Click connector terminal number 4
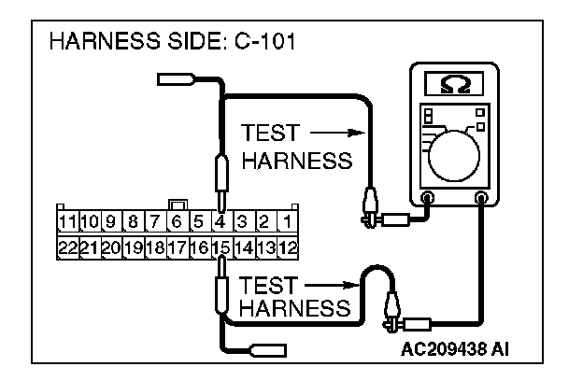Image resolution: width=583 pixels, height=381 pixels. [x=220, y=222]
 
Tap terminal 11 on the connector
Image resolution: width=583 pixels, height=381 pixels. [x=66, y=222]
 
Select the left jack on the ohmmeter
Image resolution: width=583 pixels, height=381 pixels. [x=428, y=197]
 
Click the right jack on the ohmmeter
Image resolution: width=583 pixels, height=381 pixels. [x=482, y=197]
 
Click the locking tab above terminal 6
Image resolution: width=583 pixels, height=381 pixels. [x=176, y=205]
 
